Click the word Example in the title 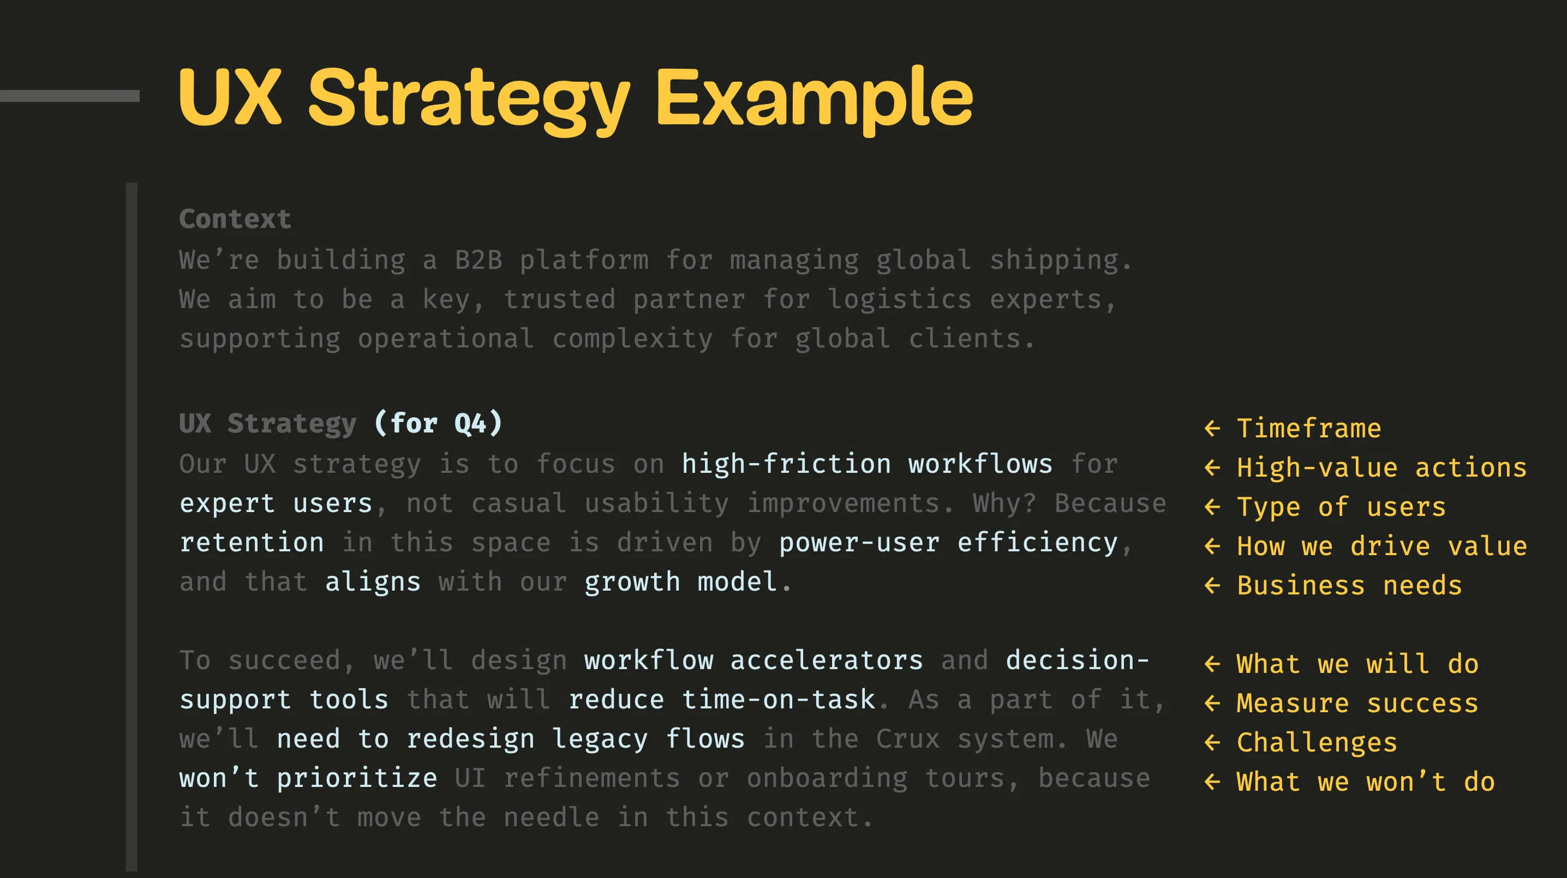click(x=814, y=97)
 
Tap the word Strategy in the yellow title click(x=469, y=100)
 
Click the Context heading click(x=235, y=219)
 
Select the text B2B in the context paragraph click(x=479, y=260)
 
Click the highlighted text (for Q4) click(x=438, y=423)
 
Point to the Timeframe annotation click(x=1308, y=428)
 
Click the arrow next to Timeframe click(x=1212, y=429)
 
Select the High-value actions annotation click(x=1381, y=467)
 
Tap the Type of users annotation click(x=1341, y=507)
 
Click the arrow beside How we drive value click(x=1212, y=546)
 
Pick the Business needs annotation click(x=1349, y=586)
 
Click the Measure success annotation click(x=1357, y=703)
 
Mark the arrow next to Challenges click(x=1212, y=743)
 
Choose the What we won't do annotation click(x=1366, y=782)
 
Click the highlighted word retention click(x=252, y=543)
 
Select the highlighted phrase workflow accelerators click(x=753, y=660)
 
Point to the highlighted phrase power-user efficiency click(x=948, y=543)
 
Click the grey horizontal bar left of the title click(x=70, y=96)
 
